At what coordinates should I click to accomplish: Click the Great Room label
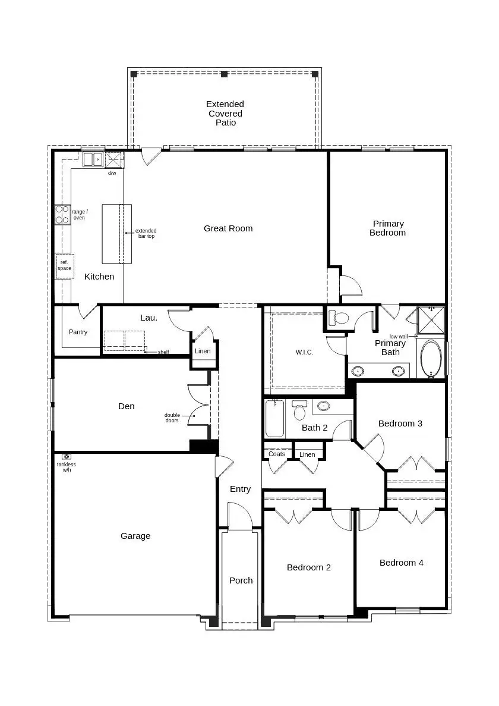[228, 228]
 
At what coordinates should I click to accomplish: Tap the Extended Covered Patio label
[225, 113]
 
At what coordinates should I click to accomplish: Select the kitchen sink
[93, 159]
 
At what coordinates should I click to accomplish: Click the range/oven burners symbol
[62, 214]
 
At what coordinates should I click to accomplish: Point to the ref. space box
[64, 266]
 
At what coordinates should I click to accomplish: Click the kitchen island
[117, 234]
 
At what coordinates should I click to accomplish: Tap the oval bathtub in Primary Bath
[431, 359]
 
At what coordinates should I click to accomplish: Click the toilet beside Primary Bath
[339, 318]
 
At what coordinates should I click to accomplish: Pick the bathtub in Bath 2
[274, 419]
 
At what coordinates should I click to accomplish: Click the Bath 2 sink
[323, 406]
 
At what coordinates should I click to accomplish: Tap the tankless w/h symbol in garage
[67, 457]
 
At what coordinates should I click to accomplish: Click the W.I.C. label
[304, 352]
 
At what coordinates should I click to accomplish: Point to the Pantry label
[78, 332]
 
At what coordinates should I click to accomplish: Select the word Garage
[135, 536]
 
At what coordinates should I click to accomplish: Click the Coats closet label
[277, 454]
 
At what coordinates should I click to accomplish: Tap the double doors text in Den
[172, 418]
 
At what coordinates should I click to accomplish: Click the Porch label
[241, 581]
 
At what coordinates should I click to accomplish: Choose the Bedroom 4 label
[402, 563]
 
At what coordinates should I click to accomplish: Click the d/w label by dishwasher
[112, 173]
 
